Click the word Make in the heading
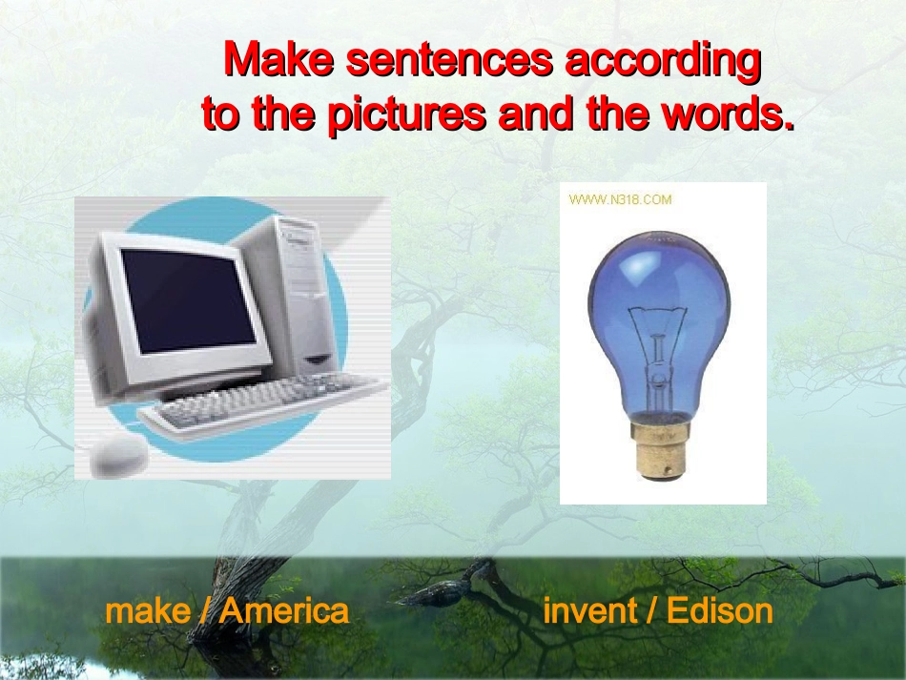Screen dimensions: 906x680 click(278, 58)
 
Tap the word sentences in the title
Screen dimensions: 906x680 click(449, 60)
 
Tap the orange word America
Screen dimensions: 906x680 click(285, 610)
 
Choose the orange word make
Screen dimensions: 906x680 click(148, 611)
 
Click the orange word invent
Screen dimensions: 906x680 click(590, 611)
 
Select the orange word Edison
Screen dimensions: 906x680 click(720, 610)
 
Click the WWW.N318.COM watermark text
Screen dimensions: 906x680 click(620, 200)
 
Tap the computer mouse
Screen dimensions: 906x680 click(118, 455)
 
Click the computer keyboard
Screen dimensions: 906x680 click(263, 405)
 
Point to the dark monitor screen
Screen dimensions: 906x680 click(189, 300)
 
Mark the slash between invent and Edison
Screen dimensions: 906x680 click(651, 611)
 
